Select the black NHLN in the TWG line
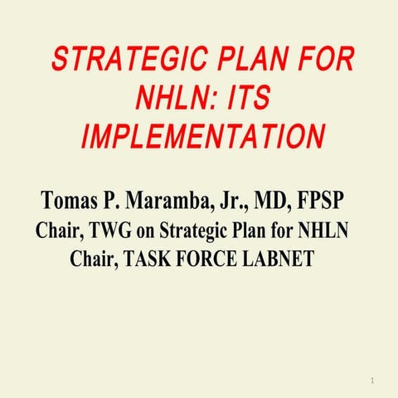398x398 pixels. pyautogui.click(x=323, y=231)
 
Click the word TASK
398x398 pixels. pyautogui.click(x=151, y=260)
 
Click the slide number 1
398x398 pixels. pyautogui.click(x=374, y=379)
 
